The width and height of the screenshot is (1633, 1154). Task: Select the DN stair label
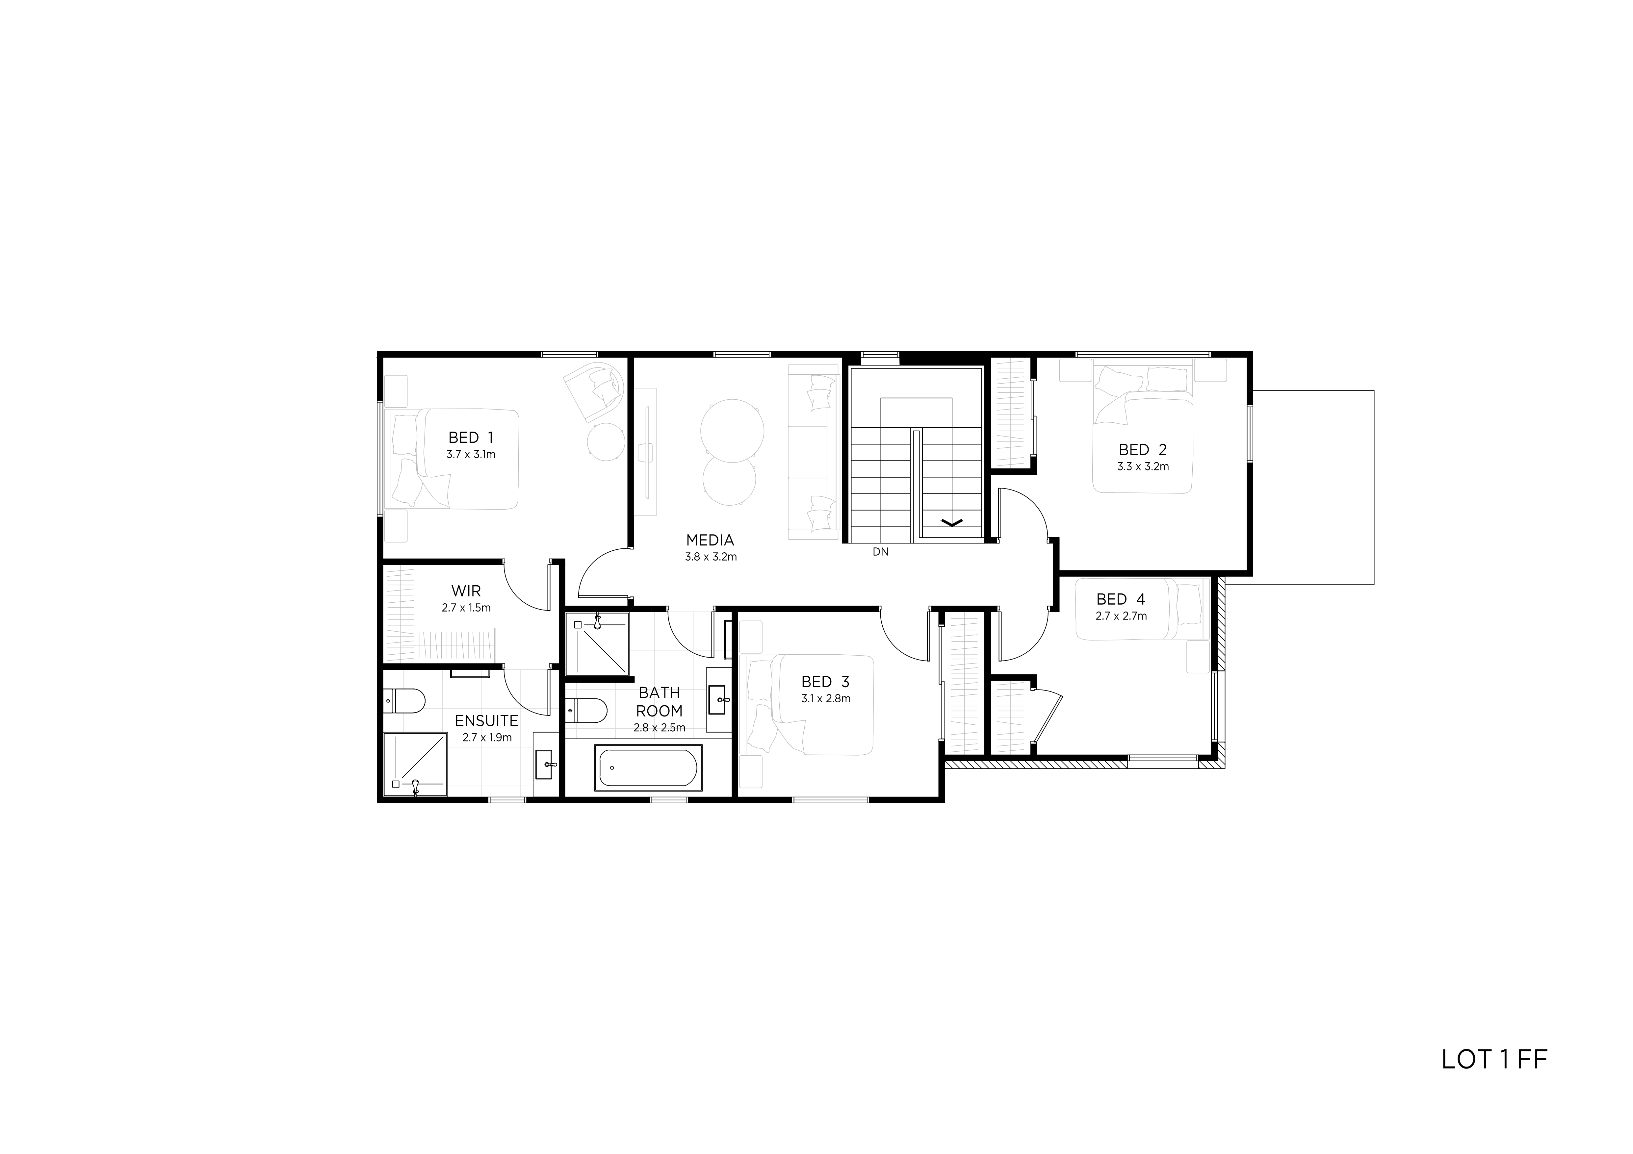[x=881, y=551]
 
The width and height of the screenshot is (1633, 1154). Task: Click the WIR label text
[x=466, y=591]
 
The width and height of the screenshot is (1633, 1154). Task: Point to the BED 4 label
[x=1121, y=599]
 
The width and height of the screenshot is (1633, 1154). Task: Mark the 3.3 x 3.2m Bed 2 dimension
[x=1143, y=467]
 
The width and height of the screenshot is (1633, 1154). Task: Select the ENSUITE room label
[x=486, y=721]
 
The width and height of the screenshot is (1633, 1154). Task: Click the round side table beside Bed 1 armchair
[x=605, y=441]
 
